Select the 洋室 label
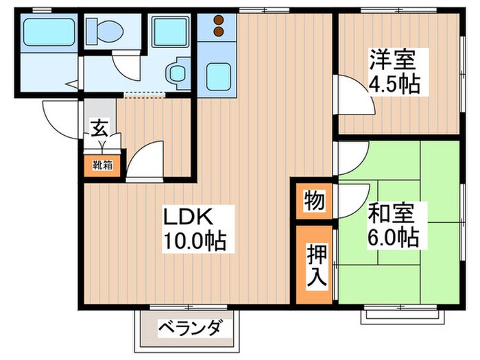click(x=393, y=59)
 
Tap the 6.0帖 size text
click(x=393, y=238)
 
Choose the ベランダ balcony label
click(x=189, y=328)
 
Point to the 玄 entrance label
click(x=99, y=128)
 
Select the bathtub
click(x=47, y=31)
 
